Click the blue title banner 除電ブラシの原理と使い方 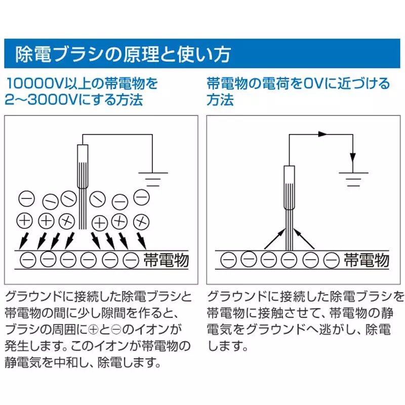point(202,53)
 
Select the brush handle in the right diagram point(289,187)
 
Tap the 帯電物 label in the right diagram point(367,260)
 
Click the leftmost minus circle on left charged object point(28,260)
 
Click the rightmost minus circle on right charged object point(332,260)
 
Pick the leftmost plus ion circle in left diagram point(25,221)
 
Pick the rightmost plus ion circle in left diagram point(142,221)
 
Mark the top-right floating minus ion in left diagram point(142,196)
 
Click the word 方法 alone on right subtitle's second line point(220,99)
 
